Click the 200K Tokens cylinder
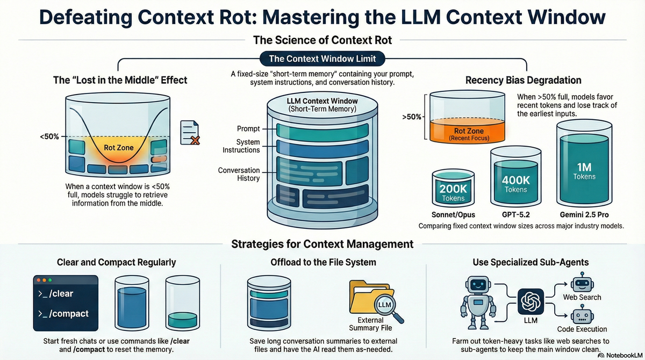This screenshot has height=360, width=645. click(453, 189)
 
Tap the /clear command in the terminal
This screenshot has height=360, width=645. click(56, 293)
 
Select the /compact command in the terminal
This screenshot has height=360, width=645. click(63, 313)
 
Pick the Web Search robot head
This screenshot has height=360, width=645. click(582, 281)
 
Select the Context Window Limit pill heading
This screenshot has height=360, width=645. click(322, 59)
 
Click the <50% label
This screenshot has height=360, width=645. click(49, 137)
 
